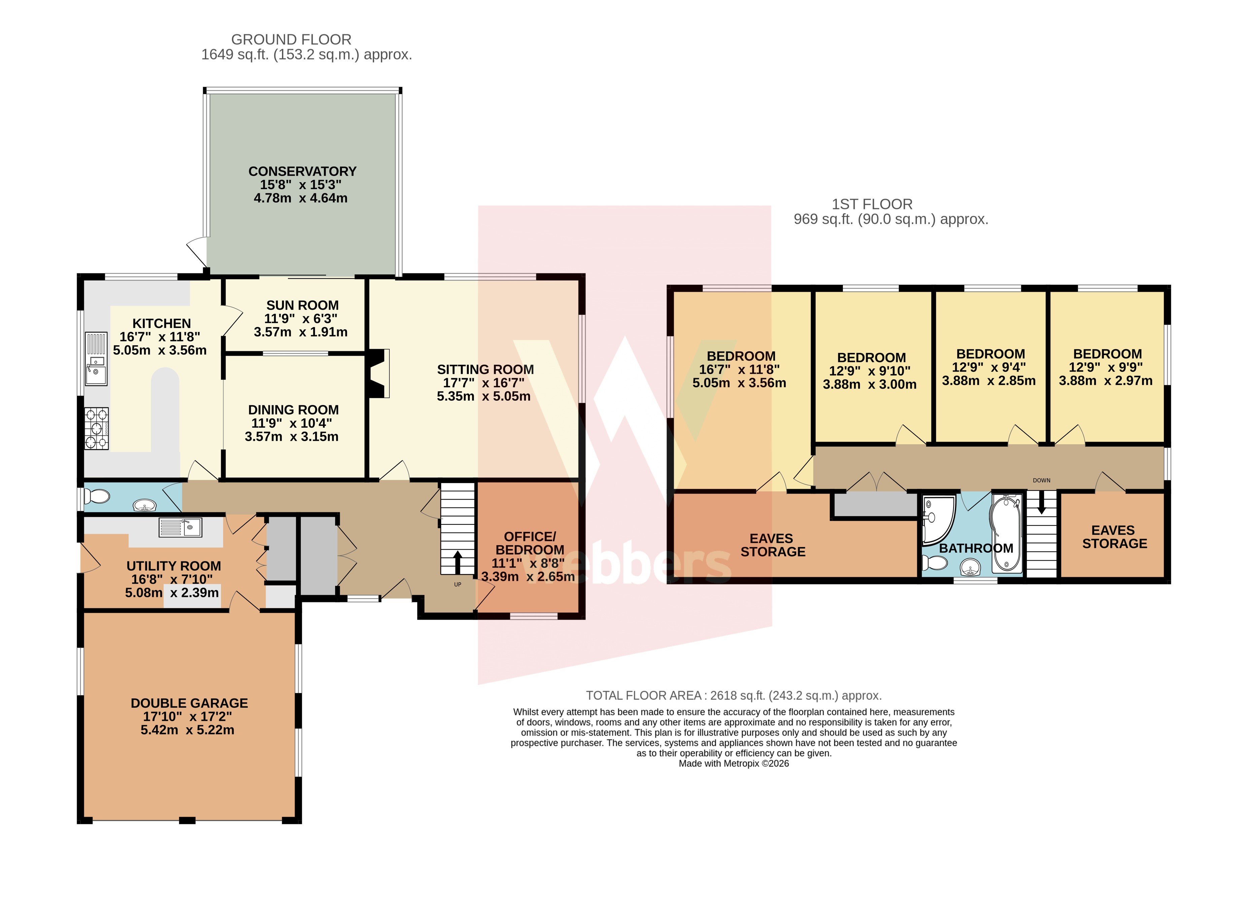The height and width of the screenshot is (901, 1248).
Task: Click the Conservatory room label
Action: [302, 172]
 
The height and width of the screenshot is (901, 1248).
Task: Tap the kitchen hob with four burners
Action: [96, 429]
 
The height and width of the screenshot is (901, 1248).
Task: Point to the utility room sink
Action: [180, 528]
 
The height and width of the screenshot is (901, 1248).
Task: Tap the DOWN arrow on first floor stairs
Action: [1041, 503]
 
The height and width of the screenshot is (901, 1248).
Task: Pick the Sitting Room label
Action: [485, 370]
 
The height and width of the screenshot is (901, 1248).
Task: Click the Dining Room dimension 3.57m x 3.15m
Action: [292, 437]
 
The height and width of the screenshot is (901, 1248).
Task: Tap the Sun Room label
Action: [302, 305]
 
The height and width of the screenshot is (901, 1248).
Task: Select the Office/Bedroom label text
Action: [530, 543]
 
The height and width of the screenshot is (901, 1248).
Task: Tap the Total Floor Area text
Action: [734, 695]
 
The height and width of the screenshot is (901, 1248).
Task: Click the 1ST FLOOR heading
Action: [872, 204]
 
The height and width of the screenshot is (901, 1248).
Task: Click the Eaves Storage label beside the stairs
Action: [1115, 537]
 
